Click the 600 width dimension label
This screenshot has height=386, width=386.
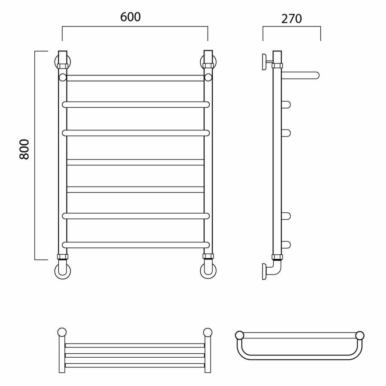[x=130, y=17]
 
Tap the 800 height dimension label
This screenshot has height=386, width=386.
[x=24, y=149]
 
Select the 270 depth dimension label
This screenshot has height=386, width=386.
[x=292, y=19]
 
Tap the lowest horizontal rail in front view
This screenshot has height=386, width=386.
[x=136, y=245]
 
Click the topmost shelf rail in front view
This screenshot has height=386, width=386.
[x=136, y=78]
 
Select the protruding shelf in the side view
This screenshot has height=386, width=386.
[x=300, y=75]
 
